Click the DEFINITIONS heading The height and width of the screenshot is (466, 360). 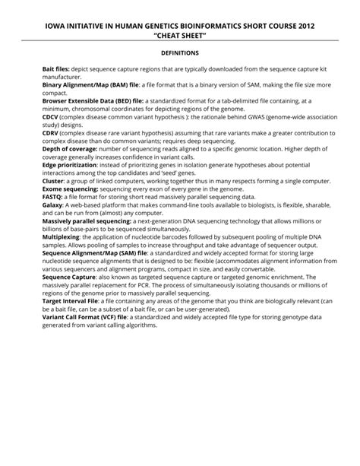coord(180,53)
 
